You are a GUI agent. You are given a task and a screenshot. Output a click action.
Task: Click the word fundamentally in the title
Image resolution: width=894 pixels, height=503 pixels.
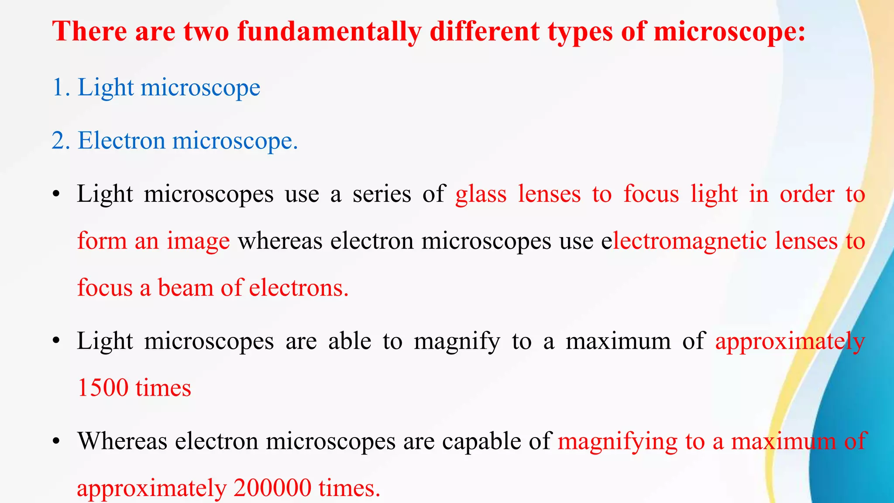pos(329,31)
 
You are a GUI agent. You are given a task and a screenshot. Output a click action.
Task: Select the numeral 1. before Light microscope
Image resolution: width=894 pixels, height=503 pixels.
pos(61,87)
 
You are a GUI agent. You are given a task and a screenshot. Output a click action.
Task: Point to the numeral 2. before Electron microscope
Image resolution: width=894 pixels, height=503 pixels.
pos(61,141)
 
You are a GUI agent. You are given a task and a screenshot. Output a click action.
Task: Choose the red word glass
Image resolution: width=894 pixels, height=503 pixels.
pos(481,194)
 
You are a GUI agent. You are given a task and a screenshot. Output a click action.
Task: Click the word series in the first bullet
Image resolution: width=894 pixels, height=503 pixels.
pos(382,194)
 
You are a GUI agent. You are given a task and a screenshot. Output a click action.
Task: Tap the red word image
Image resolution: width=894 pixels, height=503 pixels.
pos(198,241)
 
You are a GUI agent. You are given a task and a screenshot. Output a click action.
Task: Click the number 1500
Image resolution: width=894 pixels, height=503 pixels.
pos(102,388)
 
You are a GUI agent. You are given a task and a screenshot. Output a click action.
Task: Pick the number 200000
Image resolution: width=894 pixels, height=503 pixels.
pos(272,488)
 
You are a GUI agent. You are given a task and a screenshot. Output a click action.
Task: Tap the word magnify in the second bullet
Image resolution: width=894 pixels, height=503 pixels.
pos(457,341)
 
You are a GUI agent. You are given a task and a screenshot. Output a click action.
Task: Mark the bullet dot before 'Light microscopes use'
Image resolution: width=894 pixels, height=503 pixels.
pos(55,195)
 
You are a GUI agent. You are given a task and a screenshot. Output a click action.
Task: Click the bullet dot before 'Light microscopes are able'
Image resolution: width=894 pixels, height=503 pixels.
pos(55,342)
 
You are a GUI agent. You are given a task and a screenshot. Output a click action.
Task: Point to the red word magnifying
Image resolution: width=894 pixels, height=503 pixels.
pos(618,441)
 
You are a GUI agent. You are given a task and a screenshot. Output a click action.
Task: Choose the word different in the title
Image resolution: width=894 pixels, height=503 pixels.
pos(485,31)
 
